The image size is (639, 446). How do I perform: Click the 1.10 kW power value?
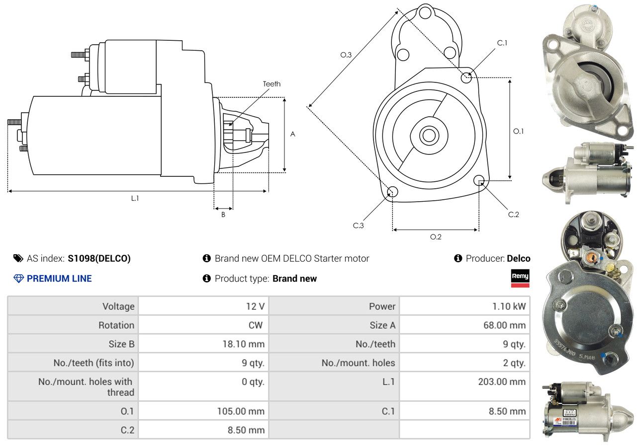coord(509,306)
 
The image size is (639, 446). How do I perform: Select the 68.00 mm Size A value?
coord(504,325)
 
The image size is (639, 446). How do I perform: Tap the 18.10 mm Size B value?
coord(244,344)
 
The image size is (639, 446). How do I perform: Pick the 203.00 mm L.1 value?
coord(502,381)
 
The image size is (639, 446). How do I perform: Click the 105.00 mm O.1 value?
coord(241,411)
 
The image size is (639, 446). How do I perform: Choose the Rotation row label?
coord(116,325)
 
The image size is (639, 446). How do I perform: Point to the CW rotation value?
coord(256,325)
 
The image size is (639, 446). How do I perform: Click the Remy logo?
coord(520,278)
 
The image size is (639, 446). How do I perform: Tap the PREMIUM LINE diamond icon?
coord(18,279)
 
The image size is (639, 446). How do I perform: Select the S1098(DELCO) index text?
coord(99,258)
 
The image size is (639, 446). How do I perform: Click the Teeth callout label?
coord(272,84)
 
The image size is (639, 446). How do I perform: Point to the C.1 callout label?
coord(502,43)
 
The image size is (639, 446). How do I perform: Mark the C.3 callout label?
coord(359,225)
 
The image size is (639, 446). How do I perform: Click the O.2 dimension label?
coord(436,237)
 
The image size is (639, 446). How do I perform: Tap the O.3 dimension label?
coord(346,55)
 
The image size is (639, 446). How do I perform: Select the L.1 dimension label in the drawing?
coord(135,198)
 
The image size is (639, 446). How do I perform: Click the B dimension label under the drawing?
coord(223,215)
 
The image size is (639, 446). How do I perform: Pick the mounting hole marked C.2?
coord(479,180)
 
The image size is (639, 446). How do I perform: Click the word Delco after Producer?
coord(519,258)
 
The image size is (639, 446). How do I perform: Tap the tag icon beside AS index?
coord(18,258)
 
